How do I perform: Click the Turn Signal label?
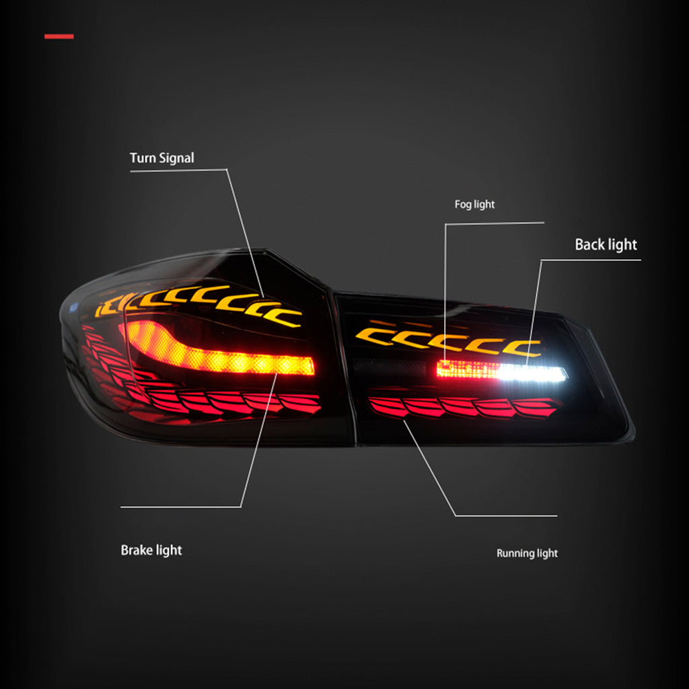(161, 158)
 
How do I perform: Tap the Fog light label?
(474, 205)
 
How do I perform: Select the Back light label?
(606, 245)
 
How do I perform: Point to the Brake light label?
(151, 550)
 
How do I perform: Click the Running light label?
(527, 553)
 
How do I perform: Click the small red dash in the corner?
(59, 36)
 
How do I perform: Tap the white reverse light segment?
(533, 373)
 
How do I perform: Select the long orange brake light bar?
(220, 349)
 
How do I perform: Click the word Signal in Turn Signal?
(176, 158)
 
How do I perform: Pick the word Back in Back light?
(589, 244)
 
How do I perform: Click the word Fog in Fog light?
(463, 205)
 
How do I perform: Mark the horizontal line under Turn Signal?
(178, 170)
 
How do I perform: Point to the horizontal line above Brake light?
(180, 507)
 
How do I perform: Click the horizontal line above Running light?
(506, 516)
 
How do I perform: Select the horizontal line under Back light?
(591, 260)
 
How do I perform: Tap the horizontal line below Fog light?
(495, 223)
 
